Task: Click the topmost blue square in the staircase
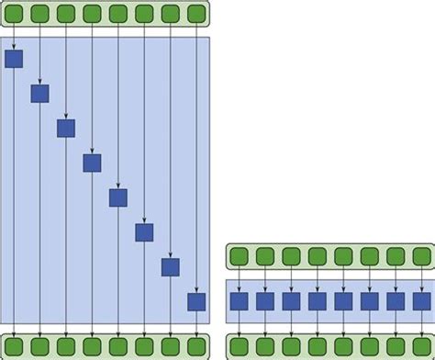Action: point(14,60)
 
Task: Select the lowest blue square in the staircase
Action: point(196,301)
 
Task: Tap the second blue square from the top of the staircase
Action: point(39,94)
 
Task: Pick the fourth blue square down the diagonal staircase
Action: point(92,163)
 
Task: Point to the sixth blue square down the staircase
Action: point(144,232)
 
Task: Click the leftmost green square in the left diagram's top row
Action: point(14,14)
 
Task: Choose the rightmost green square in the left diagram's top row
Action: point(196,14)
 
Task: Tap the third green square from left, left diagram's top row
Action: point(66,14)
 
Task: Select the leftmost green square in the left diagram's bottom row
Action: point(14,346)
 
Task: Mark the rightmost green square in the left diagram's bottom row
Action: point(196,346)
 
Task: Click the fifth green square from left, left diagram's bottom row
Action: point(118,346)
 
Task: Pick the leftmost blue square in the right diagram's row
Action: point(239,301)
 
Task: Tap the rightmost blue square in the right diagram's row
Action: point(421,301)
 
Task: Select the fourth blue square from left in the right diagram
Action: point(317,301)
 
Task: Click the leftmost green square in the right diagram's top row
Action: point(239,255)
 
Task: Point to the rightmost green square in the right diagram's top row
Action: point(421,255)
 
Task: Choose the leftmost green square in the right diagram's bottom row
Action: point(239,346)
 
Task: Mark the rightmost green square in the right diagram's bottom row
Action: point(421,346)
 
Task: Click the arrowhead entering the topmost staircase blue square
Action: point(14,49)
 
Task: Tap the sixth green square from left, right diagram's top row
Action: point(369,255)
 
